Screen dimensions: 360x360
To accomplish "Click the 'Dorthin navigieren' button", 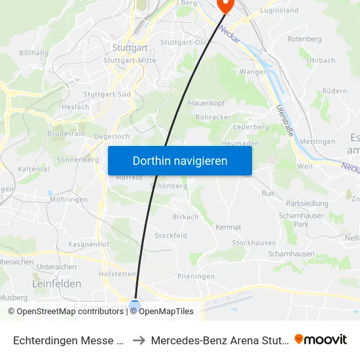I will click(x=180, y=160).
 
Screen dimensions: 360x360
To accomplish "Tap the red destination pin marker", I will click(x=225, y=5).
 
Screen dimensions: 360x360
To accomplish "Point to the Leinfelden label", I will click(x=57, y=283).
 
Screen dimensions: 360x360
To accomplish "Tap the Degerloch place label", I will click(x=112, y=136).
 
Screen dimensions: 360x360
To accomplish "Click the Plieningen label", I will click(x=196, y=276).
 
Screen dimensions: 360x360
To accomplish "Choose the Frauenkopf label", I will click(x=206, y=103).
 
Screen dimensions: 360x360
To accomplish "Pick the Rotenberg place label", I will click(x=304, y=39).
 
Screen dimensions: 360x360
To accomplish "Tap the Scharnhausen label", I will click(x=291, y=253).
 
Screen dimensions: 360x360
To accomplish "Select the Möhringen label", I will click(x=68, y=199).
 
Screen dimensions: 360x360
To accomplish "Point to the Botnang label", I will click(x=35, y=52).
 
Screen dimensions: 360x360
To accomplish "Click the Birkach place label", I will click(x=185, y=217).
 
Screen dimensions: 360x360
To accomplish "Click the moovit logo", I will click(x=321, y=339).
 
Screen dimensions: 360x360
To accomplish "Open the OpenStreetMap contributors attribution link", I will click(x=70, y=312).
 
